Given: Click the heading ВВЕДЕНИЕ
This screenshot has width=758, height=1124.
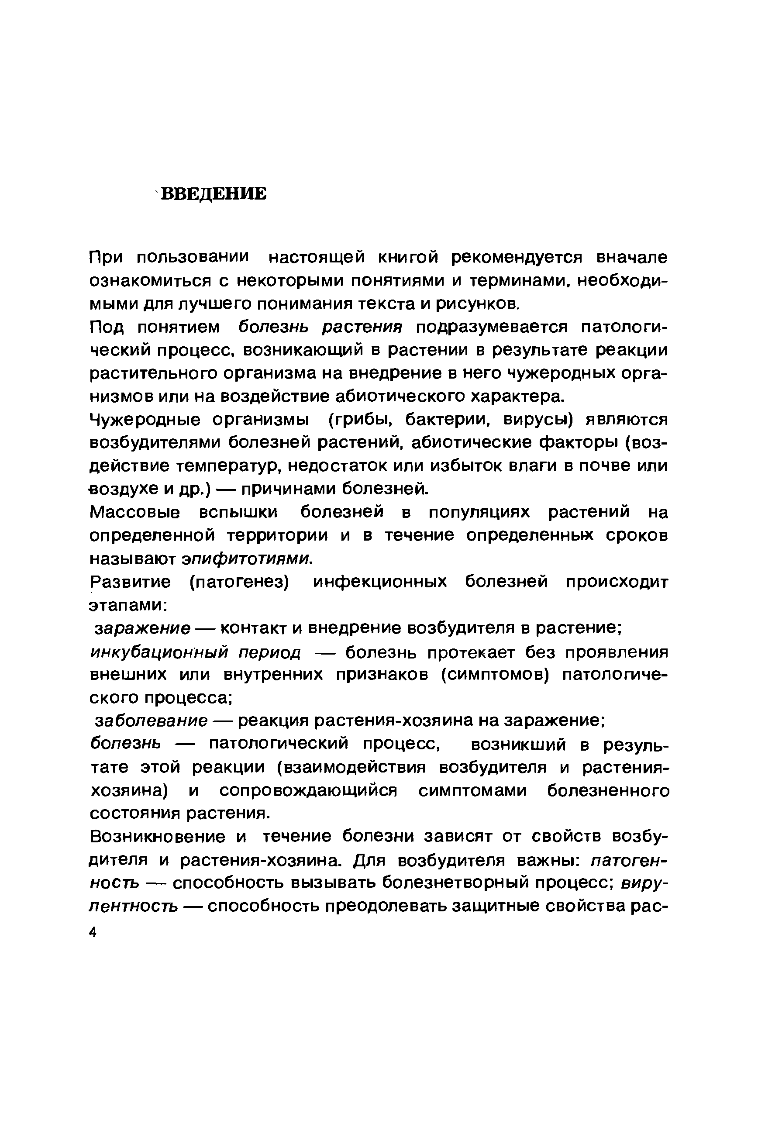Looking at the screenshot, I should (213, 194).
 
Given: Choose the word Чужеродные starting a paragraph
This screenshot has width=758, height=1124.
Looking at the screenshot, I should (145, 420).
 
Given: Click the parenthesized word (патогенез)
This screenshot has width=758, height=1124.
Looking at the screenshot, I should (239, 582).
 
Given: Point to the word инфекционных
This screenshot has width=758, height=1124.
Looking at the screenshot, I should (380, 582).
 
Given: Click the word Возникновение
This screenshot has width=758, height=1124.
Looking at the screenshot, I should (158, 837).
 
